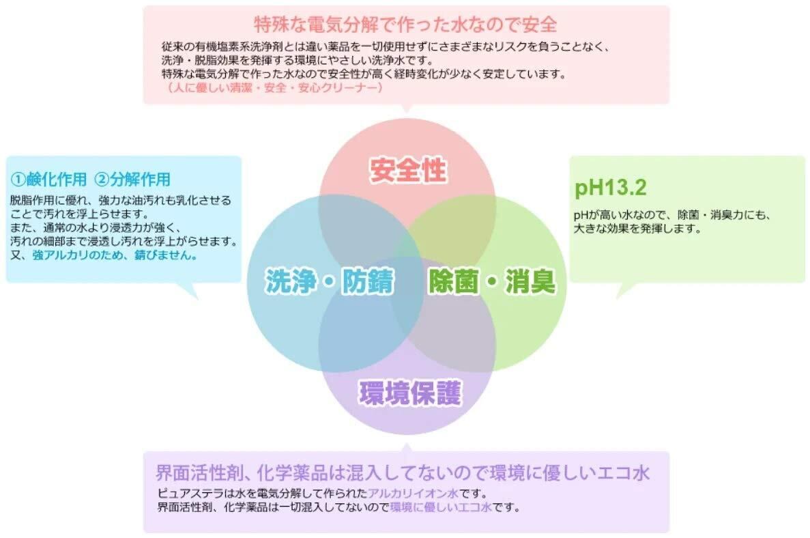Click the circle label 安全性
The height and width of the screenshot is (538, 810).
tap(407, 170)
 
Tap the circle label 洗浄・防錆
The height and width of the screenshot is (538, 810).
tap(330, 281)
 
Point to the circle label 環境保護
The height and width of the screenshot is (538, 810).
tap(410, 393)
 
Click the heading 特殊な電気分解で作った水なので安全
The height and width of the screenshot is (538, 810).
tap(405, 25)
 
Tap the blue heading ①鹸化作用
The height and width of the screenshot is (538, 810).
tap(49, 180)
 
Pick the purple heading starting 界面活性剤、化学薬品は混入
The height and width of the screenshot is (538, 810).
tap(402, 472)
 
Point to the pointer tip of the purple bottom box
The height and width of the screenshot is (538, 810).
tap(407, 446)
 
